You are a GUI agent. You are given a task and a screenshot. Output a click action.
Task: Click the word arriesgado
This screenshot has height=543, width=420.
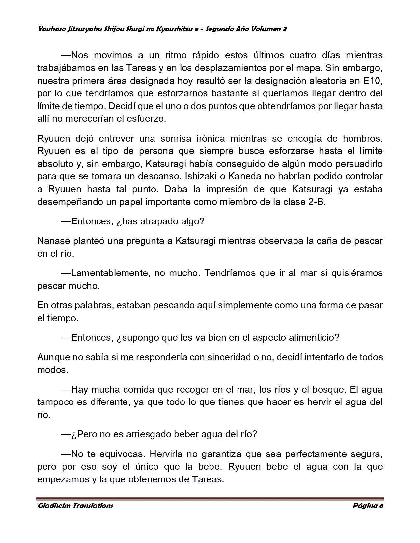click(153, 434)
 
